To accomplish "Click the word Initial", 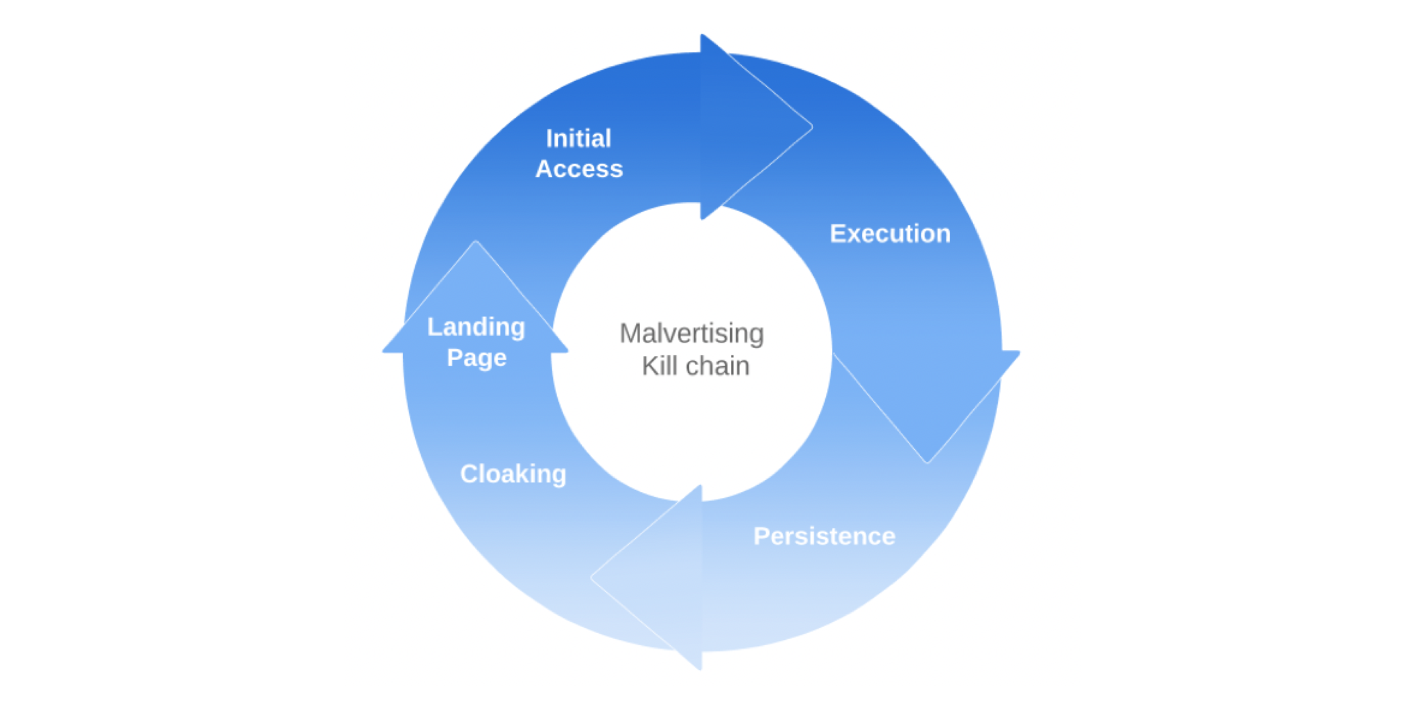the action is pyautogui.click(x=578, y=138).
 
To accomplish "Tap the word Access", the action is pyautogui.click(x=579, y=169).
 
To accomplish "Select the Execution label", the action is pyautogui.click(x=890, y=234).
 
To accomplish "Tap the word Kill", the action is pyautogui.click(x=659, y=366).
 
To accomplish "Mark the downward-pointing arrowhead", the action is pyautogui.click(x=927, y=407).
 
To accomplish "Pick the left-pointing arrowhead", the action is pyautogui.click(x=646, y=577).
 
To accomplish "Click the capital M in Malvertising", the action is pyautogui.click(x=630, y=334).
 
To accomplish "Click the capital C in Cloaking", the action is pyautogui.click(x=470, y=474).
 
